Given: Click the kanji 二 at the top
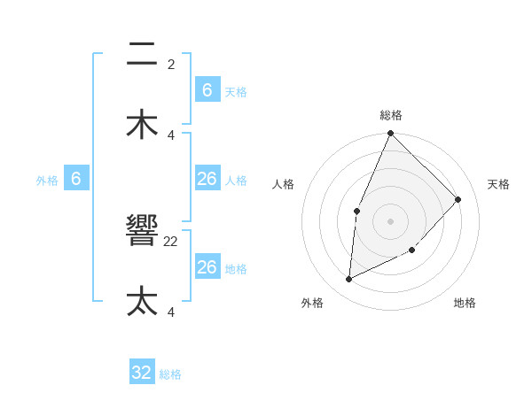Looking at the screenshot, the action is tap(142, 55).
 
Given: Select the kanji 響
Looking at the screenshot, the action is tap(142, 232).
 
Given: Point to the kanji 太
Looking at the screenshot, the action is tap(142, 302).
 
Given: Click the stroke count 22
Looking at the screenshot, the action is tap(171, 242).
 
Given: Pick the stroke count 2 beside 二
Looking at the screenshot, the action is tap(171, 65).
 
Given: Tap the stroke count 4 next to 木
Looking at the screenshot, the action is tap(171, 135).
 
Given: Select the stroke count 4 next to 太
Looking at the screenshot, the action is tap(171, 312).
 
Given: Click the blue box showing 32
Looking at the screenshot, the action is tap(142, 373).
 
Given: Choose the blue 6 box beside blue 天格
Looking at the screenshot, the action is tap(207, 90).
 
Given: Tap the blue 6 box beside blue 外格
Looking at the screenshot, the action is tap(76, 179).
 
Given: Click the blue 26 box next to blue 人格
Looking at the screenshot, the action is tap(207, 179).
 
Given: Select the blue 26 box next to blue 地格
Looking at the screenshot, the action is tap(207, 267).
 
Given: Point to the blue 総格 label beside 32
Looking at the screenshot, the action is tap(171, 374).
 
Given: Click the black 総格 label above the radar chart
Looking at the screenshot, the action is tap(390, 115).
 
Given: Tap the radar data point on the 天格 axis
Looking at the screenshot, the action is tap(458, 199).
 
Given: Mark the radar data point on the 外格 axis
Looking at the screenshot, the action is tap(348, 280).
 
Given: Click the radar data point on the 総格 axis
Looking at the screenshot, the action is tap(390, 134).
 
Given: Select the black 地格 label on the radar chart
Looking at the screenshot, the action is tap(465, 303).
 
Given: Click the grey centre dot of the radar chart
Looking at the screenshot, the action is tap(390, 220).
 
